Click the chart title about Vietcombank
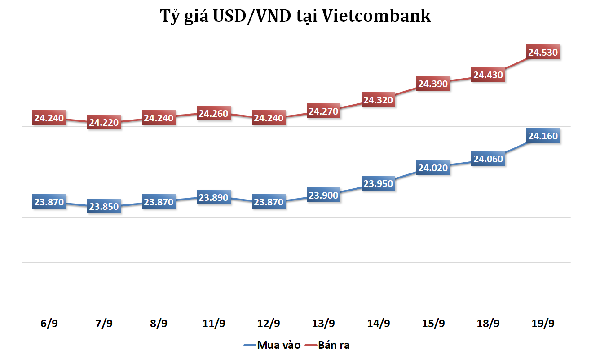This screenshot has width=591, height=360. (x=295, y=16)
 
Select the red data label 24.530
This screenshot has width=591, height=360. (x=543, y=53)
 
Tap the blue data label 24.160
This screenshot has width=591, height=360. (x=543, y=136)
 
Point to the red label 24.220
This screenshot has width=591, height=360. (x=104, y=122)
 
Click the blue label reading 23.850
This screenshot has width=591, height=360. (x=104, y=207)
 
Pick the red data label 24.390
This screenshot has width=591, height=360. (x=433, y=84)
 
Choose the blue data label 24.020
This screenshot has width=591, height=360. (x=433, y=168)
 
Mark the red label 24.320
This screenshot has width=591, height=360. (x=378, y=100)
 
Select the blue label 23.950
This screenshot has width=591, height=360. (x=378, y=183)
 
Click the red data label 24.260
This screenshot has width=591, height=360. (x=214, y=114)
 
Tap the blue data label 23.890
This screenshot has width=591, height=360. (x=214, y=197)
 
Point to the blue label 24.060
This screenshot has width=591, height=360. (x=488, y=159)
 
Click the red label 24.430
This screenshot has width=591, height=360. (x=488, y=75)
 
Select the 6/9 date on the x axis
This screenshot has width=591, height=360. (x=49, y=324)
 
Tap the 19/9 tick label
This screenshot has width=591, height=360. (x=543, y=324)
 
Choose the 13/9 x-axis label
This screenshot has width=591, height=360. (x=323, y=324)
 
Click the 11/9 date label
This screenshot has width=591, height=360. (x=214, y=324)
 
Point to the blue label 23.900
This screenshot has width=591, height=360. (x=323, y=195)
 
